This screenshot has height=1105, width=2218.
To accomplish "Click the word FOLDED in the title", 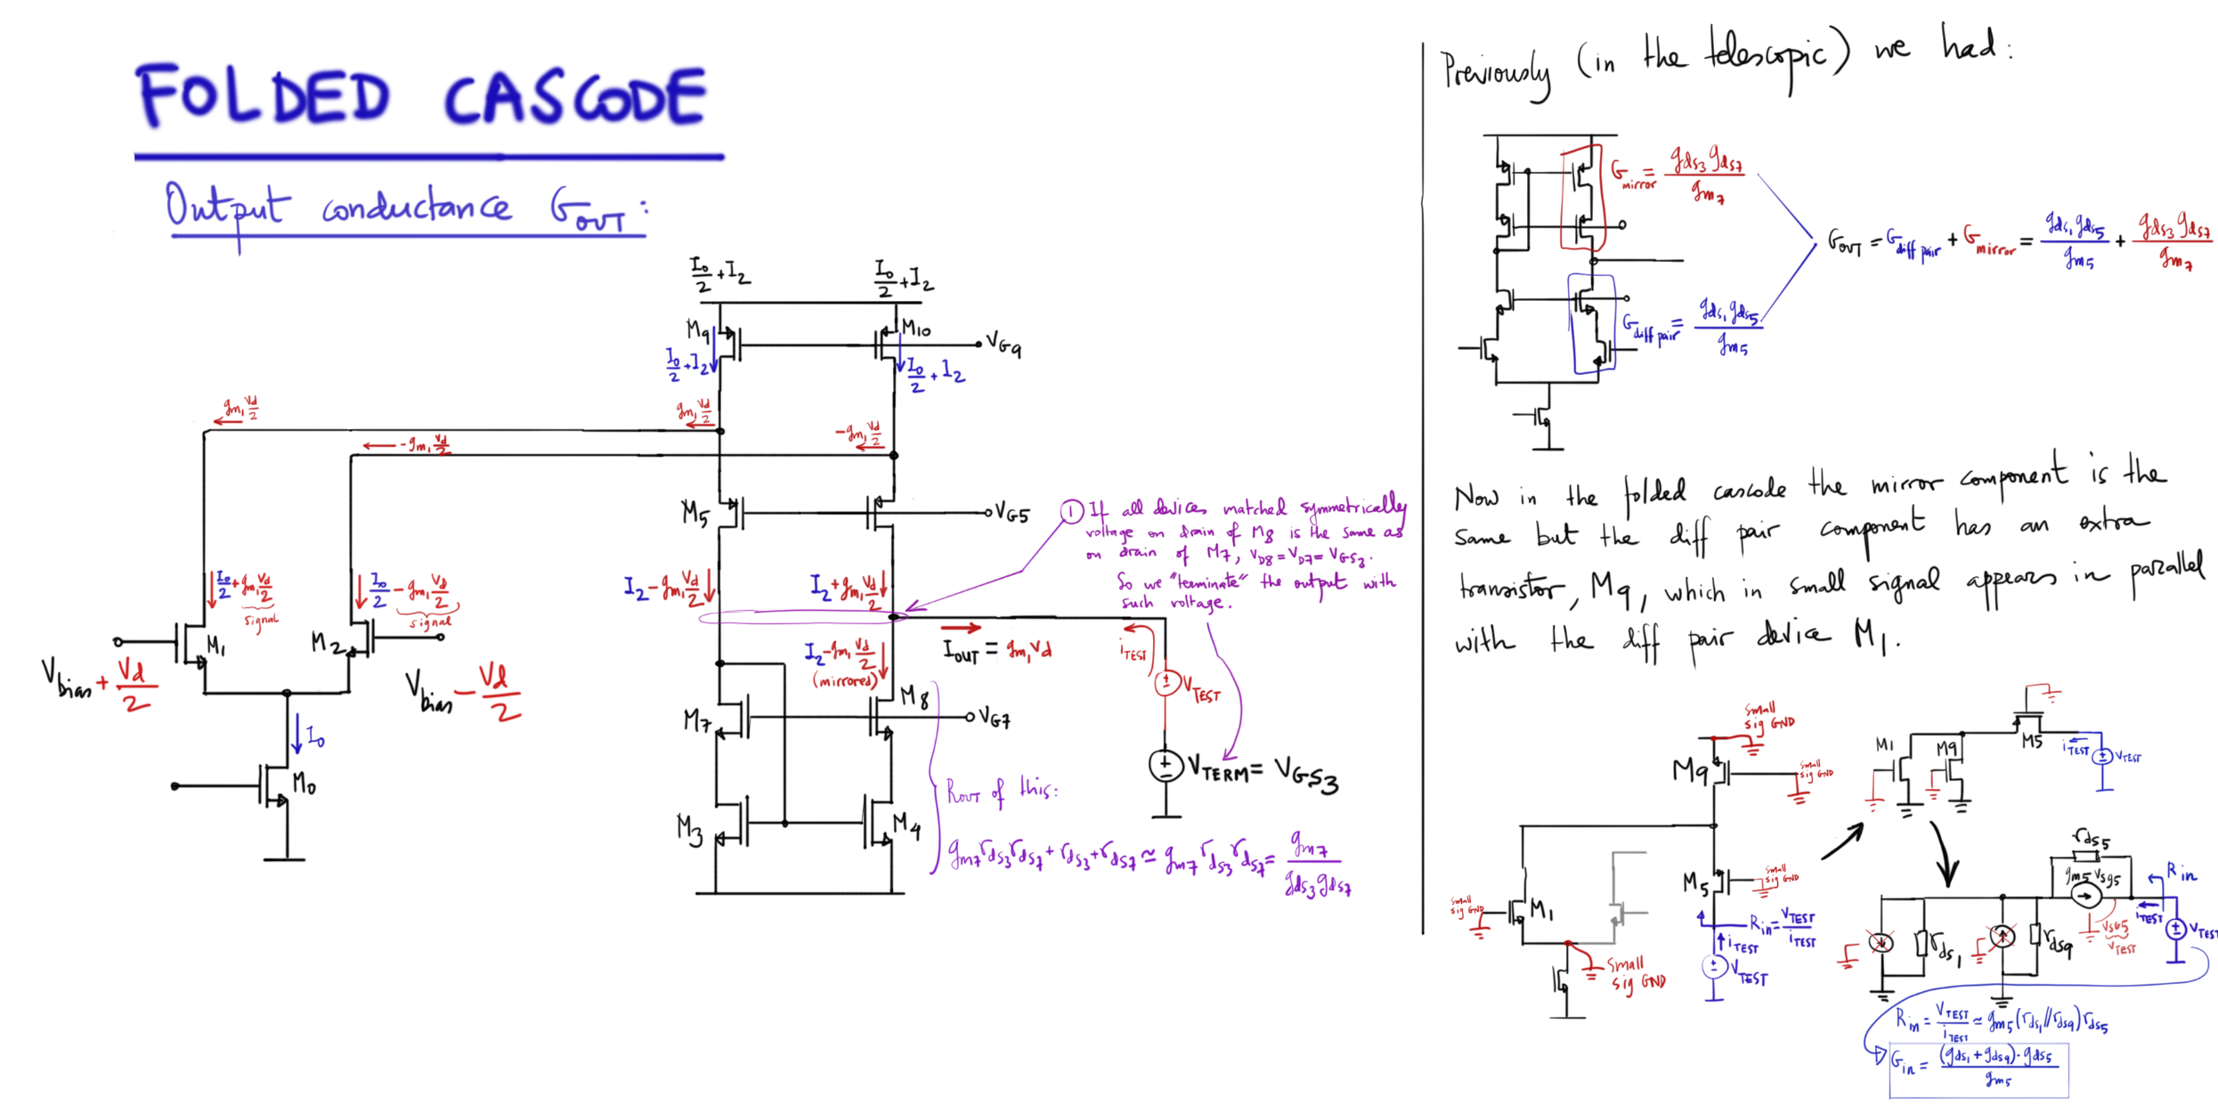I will coord(264,96).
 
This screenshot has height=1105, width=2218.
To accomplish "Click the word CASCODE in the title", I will coord(575,98).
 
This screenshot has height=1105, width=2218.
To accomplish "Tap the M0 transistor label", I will coord(304,784).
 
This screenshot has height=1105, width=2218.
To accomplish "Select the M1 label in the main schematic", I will coord(215,644).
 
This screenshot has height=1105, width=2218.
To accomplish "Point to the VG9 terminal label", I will coord(1003,345).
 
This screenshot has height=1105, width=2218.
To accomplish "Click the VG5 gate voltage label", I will coord(1012,514).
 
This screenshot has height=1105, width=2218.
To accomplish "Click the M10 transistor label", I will coord(916,329).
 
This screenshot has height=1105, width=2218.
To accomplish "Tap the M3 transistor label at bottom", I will coord(690,829).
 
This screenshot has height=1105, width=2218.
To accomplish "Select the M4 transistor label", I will coord(907,824).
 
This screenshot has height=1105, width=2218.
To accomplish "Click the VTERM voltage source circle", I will coord(1165,766).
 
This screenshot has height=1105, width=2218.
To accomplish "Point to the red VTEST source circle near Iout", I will coord(1166,682).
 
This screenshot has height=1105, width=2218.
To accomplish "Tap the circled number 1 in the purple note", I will coord(1071,511).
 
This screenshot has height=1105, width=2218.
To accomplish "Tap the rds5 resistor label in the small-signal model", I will coord(2090,838).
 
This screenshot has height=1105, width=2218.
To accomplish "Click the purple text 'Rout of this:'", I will coord(1001,790).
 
